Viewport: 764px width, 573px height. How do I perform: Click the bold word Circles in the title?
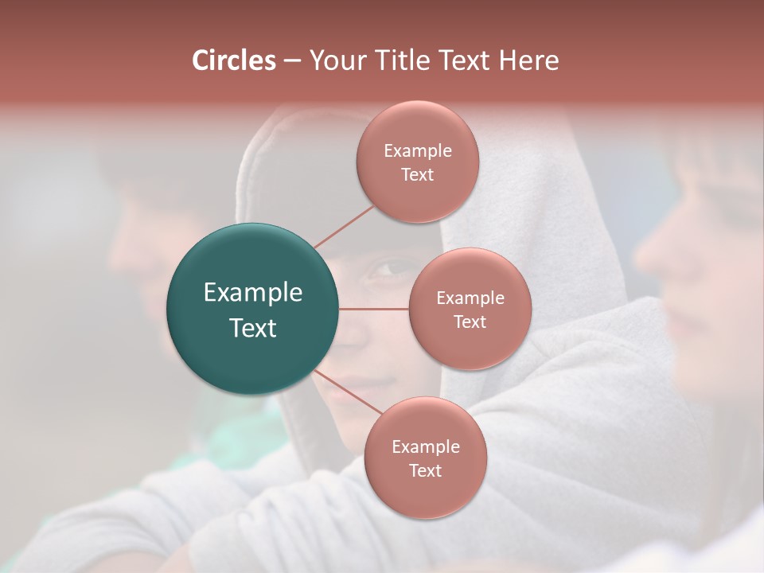(234, 60)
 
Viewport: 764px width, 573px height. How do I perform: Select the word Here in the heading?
(528, 60)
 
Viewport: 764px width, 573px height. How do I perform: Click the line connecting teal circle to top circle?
(344, 226)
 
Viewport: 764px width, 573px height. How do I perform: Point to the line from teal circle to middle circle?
(374, 309)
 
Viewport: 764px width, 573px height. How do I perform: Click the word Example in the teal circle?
(253, 293)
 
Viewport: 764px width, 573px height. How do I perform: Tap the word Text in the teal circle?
(253, 328)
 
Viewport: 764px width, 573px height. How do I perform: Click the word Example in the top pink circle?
(418, 150)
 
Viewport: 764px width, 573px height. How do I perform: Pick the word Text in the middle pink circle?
(470, 322)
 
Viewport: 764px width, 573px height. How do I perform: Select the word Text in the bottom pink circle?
(425, 470)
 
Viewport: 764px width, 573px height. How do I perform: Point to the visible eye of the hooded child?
(388, 269)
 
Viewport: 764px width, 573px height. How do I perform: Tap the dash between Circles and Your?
(292, 60)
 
